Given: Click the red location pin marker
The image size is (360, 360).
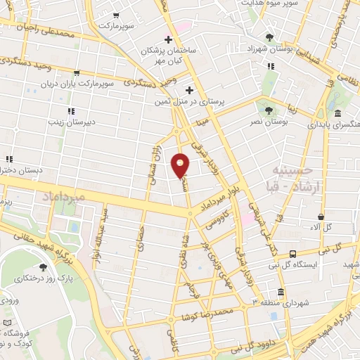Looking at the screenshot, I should (181, 165).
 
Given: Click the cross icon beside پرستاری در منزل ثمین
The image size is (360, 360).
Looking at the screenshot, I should (188, 90).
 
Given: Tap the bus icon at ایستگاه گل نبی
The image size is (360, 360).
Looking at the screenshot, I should (292, 255).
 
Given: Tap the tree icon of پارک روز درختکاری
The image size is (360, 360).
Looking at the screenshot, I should (44, 267).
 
